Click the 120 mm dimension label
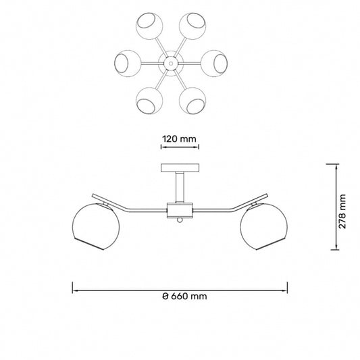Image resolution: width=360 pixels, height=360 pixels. [x=179, y=139]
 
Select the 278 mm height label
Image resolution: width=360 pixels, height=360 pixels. [x=342, y=211]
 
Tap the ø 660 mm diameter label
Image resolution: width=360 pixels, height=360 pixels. [x=184, y=297]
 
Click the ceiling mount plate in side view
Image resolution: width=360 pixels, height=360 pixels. [x=180, y=168]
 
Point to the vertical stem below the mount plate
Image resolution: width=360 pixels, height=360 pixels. [x=180, y=187]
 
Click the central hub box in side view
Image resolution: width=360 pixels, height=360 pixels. [x=180, y=210]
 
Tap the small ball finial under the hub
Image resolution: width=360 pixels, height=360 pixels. [x=180, y=220]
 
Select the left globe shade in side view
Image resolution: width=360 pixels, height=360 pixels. [x=96, y=226]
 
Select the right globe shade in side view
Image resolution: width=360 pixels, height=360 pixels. [x=264, y=226]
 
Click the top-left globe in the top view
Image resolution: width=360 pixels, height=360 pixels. [x=149, y=26]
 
